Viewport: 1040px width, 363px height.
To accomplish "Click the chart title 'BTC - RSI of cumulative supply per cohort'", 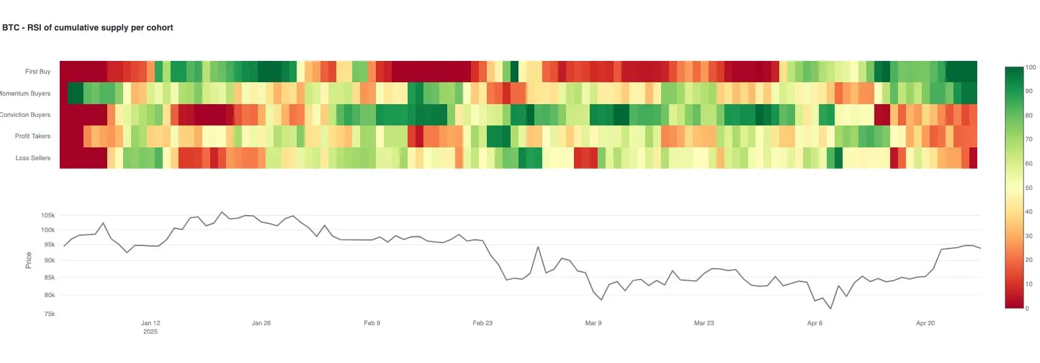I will [88, 27].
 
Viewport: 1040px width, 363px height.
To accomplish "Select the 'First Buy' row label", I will [38, 71].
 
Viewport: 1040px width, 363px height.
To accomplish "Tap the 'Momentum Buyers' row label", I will [25, 93].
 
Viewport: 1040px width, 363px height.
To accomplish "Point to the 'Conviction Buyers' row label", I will [25, 115].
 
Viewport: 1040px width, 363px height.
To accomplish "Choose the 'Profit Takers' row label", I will [33, 136].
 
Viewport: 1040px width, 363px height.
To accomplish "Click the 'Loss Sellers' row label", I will [33, 158].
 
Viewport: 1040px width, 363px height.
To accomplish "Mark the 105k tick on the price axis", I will [48, 215].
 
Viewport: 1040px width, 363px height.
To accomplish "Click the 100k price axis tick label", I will [48, 230].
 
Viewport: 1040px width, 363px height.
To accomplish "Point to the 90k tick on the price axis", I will [49, 260].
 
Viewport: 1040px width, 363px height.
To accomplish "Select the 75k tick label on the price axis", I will [49, 314].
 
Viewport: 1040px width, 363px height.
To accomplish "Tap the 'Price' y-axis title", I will [29, 260].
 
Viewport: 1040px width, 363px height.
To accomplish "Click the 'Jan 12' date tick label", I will [150, 323].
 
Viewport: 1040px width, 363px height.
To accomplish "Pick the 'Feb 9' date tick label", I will [372, 323].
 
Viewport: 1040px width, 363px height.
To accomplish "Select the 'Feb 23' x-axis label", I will [483, 323].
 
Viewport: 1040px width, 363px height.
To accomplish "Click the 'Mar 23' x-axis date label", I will [704, 323].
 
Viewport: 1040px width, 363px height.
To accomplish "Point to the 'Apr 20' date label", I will [925, 323].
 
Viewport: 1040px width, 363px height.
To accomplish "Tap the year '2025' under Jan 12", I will [150, 331].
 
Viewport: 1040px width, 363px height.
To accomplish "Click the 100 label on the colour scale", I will [1031, 67].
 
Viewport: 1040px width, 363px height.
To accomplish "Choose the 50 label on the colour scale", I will [1029, 188].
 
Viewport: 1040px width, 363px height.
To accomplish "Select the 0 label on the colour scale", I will [1027, 308].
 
